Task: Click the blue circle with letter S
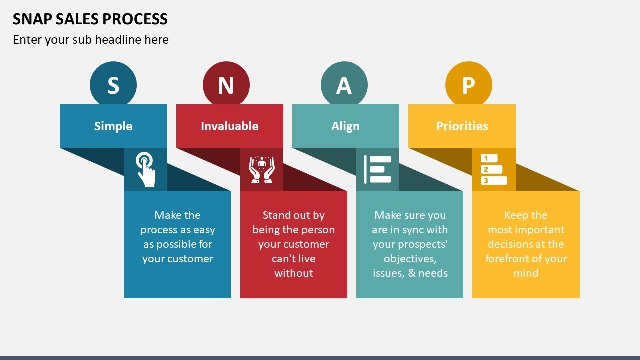click(x=113, y=85)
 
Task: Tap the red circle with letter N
click(x=226, y=85)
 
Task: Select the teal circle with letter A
click(x=344, y=85)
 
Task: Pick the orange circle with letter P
click(x=468, y=85)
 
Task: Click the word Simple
click(x=113, y=126)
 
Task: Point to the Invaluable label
click(x=229, y=126)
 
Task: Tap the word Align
click(x=345, y=126)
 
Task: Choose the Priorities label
click(x=462, y=126)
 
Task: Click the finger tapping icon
click(x=145, y=169)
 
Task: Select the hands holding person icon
click(x=261, y=169)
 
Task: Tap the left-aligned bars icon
click(x=378, y=169)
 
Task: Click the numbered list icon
click(x=493, y=169)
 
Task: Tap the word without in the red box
click(x=294, y=273)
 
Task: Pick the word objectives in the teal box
click(x=410, y=259)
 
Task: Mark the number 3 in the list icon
click(x=485, y=181)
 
